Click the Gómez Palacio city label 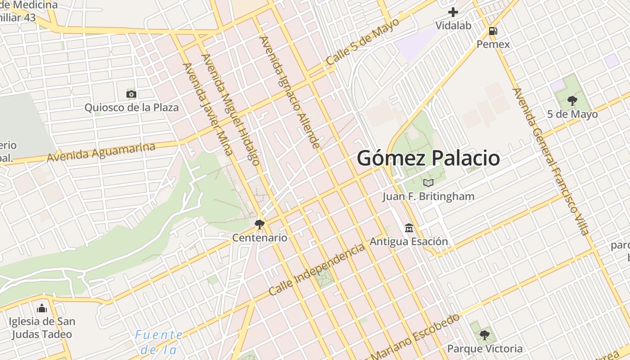point(428,158)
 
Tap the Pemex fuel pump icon point(493,31)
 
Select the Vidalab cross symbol point(453,12)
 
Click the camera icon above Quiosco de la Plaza point(131,94)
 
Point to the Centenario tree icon point(260,224)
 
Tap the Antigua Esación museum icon point(409,228)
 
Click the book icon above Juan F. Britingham point(428,183)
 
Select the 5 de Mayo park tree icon point(572,100)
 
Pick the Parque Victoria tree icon point(485,335)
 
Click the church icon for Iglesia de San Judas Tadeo point(42,308)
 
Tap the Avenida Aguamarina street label point(101,152)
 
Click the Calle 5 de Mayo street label point(363,41)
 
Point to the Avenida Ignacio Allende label point(290,92)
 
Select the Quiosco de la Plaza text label point(131,108)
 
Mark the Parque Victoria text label point(485,349)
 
